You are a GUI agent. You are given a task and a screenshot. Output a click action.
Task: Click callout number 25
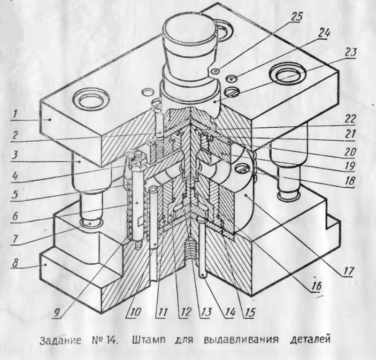296,17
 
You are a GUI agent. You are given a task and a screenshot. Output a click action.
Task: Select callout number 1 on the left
15,113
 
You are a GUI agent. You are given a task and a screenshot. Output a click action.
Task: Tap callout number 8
15,263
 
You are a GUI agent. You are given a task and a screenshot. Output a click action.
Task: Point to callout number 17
348,271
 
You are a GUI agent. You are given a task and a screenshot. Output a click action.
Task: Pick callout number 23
350,52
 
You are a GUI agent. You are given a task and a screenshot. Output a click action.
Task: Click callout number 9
57,312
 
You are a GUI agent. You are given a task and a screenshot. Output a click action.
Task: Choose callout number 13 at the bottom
206,312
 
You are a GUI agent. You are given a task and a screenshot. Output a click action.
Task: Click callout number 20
350,151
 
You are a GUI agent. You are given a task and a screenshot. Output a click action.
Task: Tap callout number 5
15,193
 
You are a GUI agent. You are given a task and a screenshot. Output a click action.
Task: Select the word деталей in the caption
310,340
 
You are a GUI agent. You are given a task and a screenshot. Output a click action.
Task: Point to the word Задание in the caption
60,340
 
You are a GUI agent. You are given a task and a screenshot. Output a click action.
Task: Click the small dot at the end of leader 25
216,71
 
